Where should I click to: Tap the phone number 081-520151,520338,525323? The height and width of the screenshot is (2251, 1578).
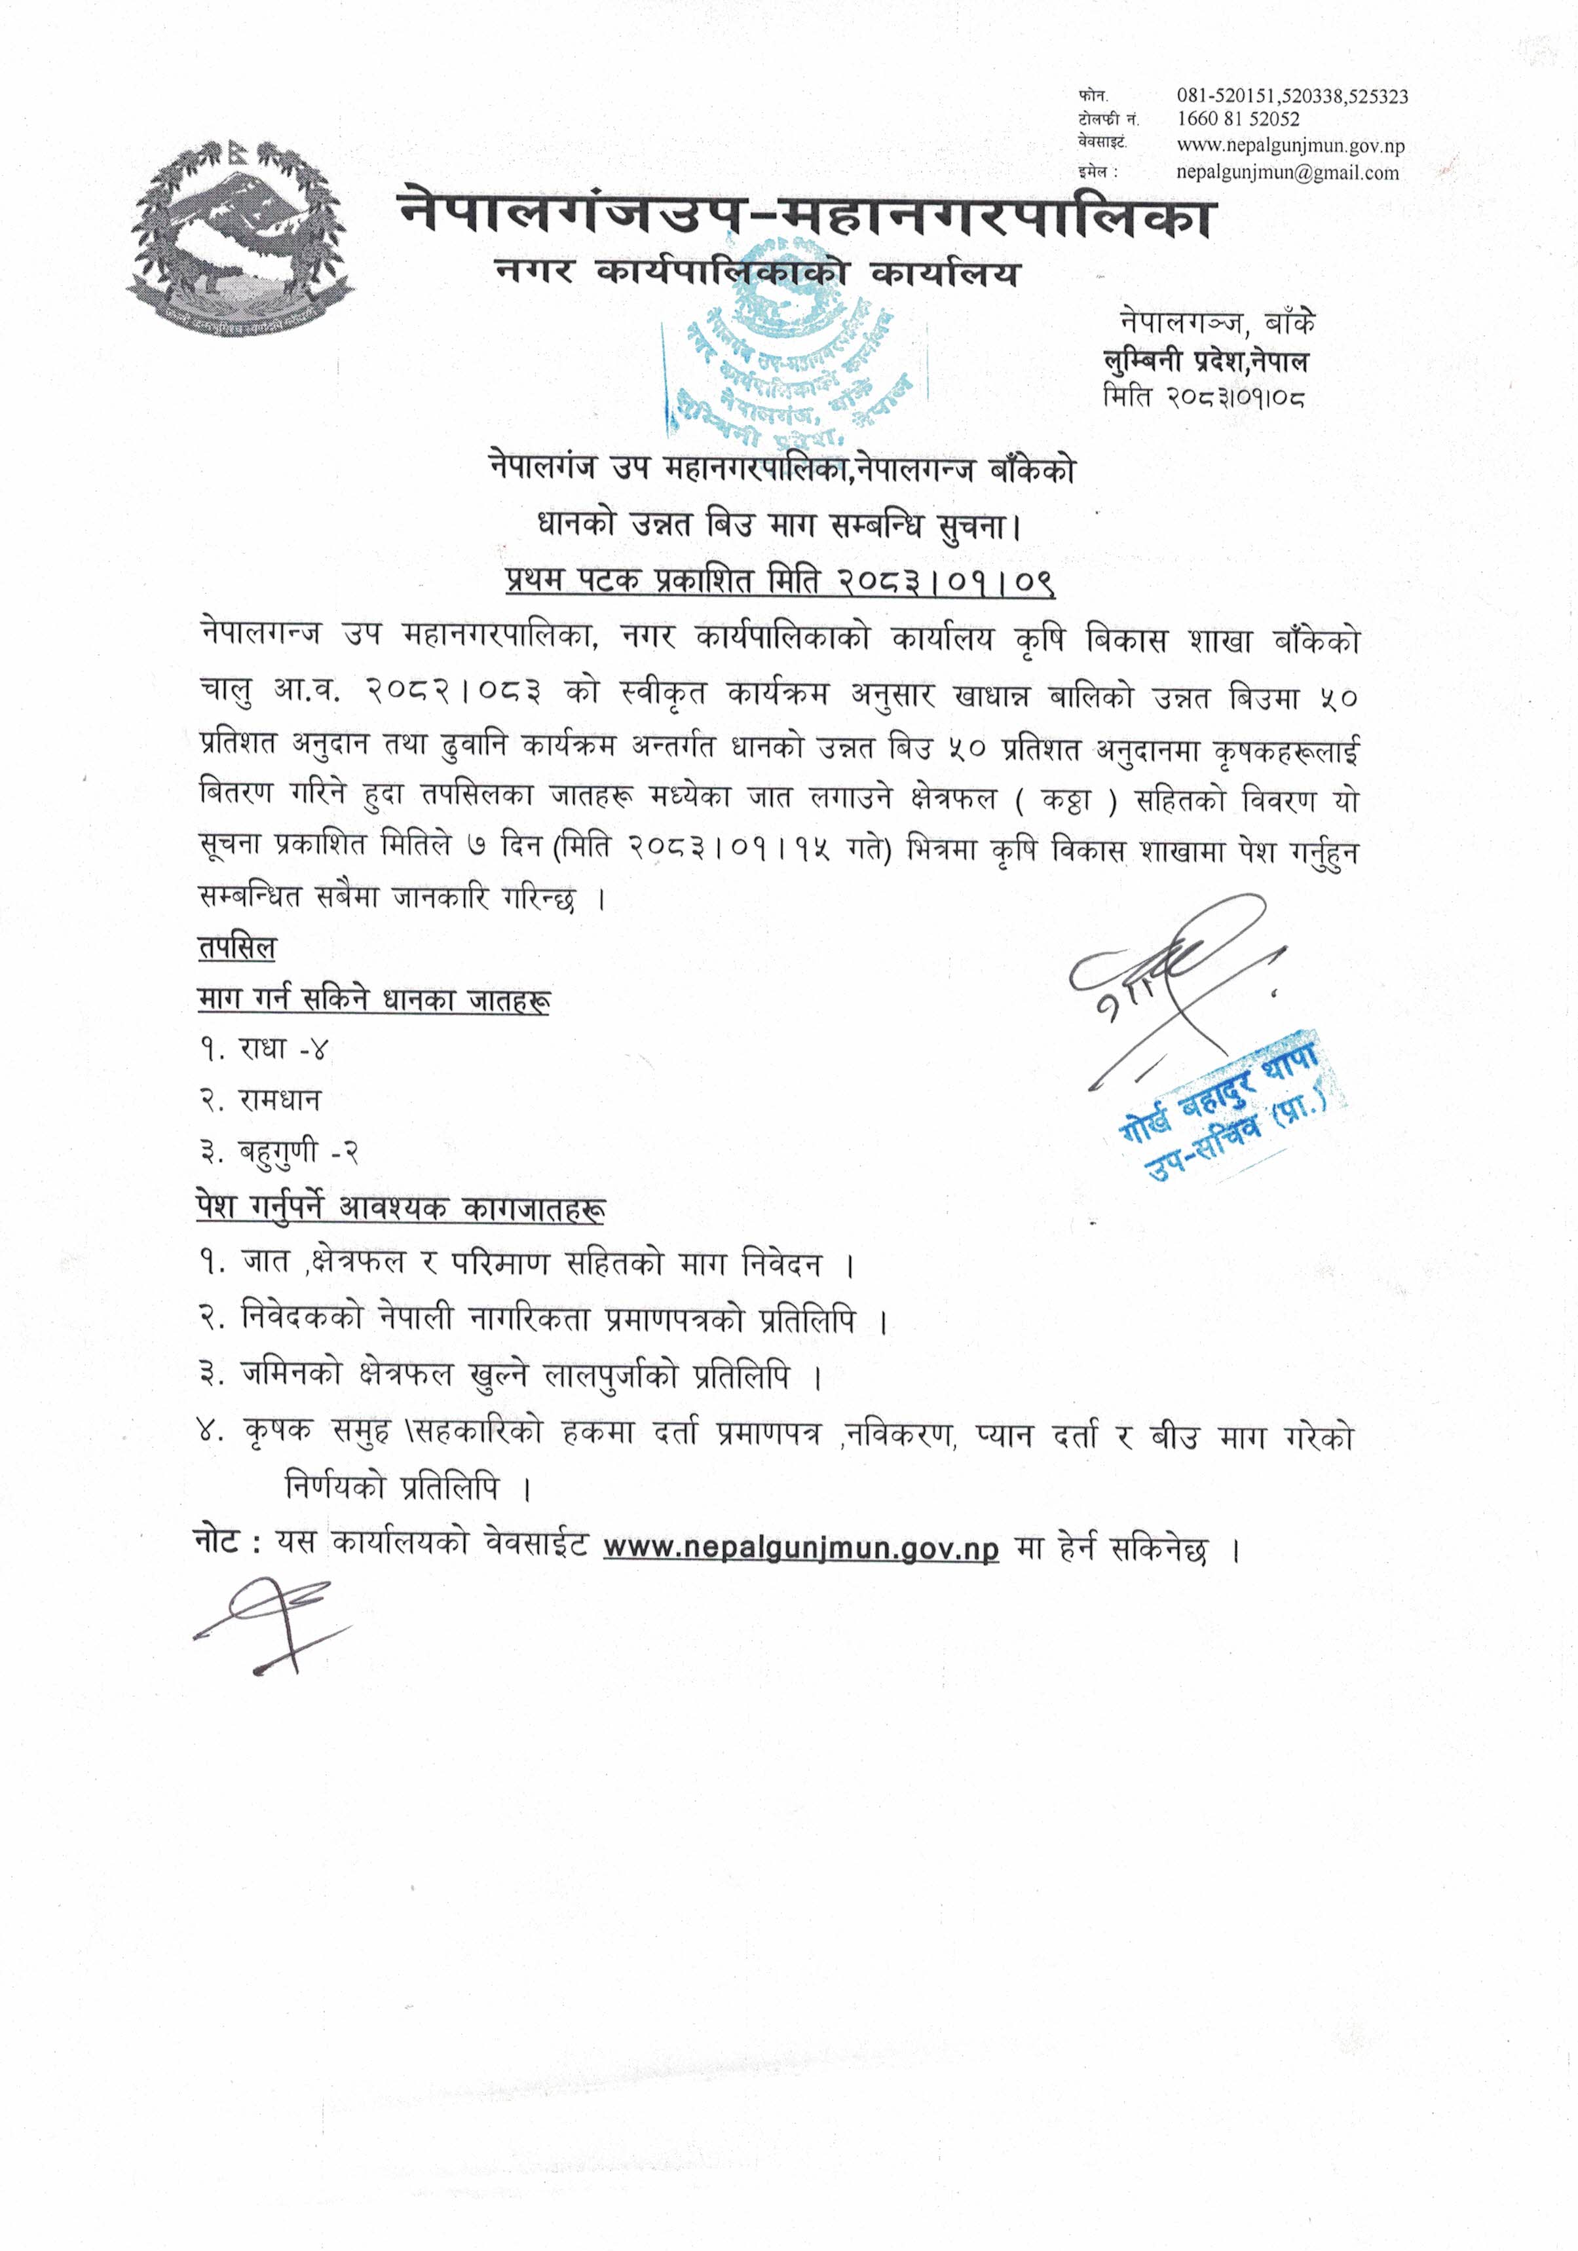coord(1292,96)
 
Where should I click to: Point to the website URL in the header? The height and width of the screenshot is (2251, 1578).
coord(1290,146)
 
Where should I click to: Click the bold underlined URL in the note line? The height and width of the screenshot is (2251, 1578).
coord(800,1548)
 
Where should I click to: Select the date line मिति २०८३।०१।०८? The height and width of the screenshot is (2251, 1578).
coord(1205,396)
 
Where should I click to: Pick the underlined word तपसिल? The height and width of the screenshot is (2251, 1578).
coord(236,948)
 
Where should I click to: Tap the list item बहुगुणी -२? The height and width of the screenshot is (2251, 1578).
coord(278,1152)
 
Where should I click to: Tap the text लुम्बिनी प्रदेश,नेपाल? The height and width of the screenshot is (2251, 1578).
coord(1205,362)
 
